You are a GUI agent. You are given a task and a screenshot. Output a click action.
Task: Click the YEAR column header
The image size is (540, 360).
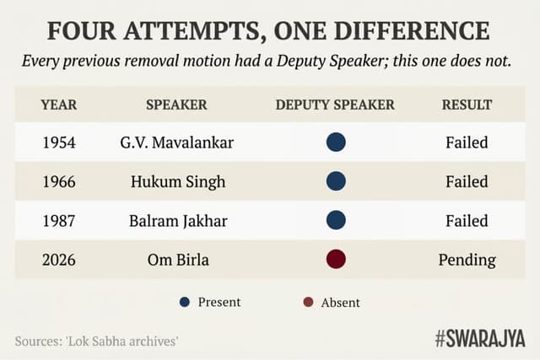tap(58, 105)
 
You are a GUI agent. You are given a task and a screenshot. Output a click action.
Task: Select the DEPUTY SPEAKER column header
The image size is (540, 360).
tap(335, 105)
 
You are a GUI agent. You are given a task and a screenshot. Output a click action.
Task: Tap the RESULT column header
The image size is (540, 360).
tap(467, 105)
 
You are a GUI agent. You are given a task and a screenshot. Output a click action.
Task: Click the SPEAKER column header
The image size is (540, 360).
tap(176, 105)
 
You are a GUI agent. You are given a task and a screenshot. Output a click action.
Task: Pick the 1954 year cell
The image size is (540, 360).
tap(58, 142)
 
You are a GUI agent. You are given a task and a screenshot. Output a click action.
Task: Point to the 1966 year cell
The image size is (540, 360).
tap(58, 181)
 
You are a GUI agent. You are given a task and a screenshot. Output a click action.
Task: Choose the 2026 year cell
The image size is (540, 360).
tap(58, 260)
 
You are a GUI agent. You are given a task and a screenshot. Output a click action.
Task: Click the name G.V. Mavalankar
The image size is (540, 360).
tap(176, 142)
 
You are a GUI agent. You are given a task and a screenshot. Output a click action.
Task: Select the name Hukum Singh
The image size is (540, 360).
tap(176, 181)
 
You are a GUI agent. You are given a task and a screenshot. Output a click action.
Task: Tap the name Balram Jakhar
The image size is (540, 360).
tap(176, 221)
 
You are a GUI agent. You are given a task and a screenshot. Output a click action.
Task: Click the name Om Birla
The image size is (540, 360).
tap(176, 260)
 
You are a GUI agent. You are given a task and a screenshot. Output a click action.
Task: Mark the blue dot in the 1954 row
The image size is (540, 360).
tap(336, 142)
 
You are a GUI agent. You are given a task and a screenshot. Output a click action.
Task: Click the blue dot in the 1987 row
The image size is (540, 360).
tap(336, 220)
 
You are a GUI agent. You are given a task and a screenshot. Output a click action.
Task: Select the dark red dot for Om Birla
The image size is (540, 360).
tap(336, 259)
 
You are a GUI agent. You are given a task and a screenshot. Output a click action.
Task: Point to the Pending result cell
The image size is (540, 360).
tap(467, 260)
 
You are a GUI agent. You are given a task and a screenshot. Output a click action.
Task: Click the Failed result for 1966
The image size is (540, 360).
tap(467, 181)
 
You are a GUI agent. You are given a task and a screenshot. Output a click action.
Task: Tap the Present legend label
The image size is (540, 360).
tap(219, 302)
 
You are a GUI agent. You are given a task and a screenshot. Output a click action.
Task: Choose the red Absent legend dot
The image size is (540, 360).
tap(309, 302)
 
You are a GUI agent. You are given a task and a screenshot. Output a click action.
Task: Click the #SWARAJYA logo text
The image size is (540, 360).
tap(479, 338)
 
